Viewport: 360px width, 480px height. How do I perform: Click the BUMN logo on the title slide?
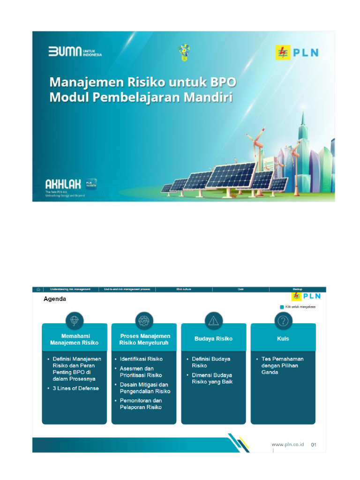point(75,52)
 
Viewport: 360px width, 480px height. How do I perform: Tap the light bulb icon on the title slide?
point(183,52)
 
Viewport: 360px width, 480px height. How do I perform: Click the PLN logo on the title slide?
point(296,52)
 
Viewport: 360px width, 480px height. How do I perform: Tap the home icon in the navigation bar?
point(38,289)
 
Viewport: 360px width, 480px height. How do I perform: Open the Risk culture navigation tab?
point(184,289)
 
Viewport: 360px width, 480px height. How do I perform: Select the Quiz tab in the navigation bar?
point(241,289)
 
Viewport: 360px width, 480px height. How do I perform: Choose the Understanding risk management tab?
point(70,289)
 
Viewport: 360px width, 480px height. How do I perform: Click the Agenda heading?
point(55,299)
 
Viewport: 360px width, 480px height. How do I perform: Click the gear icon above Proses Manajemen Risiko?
point(144,321)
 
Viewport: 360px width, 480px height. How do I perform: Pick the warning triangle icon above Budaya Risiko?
point(213,321)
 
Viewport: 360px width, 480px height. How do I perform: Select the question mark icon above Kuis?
point(283,321)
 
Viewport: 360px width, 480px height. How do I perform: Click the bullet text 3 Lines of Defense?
point(76,388)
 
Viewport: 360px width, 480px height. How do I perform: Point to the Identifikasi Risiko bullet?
point(141,359)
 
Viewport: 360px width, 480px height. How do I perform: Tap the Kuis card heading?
point(283,338)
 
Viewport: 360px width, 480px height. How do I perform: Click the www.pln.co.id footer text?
point(288,444)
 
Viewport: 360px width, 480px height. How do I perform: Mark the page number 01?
point(314,444)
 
